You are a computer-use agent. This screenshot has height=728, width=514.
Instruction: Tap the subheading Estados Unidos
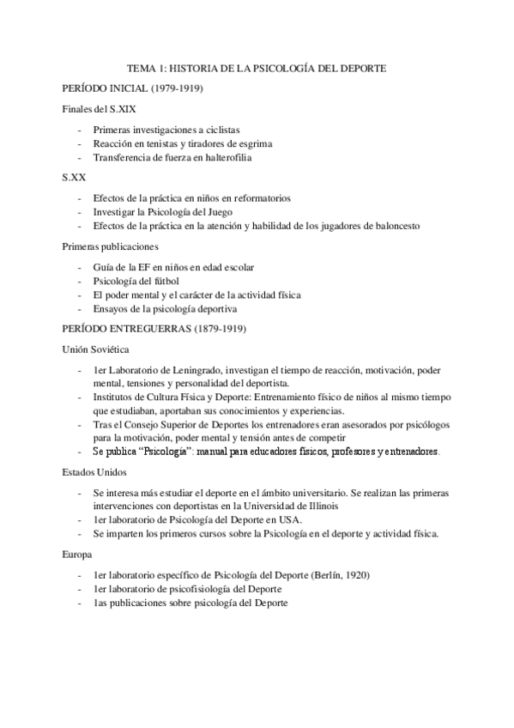coord(94,473)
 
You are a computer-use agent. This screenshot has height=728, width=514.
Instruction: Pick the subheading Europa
coord(77,555)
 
